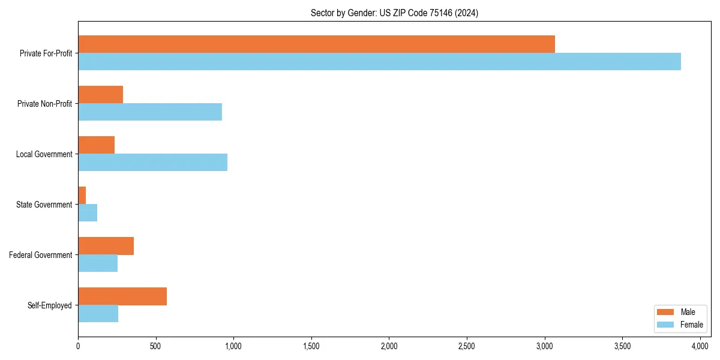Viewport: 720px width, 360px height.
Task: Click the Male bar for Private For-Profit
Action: tap(316, 44)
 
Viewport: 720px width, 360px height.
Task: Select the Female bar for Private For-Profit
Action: tap(379, 62)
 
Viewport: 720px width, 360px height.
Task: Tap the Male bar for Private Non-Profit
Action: tap(100, 95)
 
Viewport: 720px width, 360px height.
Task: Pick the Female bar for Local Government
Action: tap(152, 163)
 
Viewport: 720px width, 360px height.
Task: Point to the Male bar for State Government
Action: tap(82, 196)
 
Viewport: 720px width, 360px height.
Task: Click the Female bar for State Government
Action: tap(88, 213)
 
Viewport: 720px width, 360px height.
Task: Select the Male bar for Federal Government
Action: tap(106, 246)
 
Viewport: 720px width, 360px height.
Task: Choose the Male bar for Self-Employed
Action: tap(122, 296)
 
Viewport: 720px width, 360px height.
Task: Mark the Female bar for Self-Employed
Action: tap(98, 314)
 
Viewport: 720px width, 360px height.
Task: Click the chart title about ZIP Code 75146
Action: tap(394, 13)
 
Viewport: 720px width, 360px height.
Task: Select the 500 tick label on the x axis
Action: tap(155, 346)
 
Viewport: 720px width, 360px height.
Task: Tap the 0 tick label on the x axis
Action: tap(78, 346)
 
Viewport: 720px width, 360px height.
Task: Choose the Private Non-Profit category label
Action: tap(45, 104)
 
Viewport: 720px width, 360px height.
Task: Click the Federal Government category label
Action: tap(41, 255)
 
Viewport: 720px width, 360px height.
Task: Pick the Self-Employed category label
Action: tap(50, 305)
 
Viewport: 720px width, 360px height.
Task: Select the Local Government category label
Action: tap(44, 154)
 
